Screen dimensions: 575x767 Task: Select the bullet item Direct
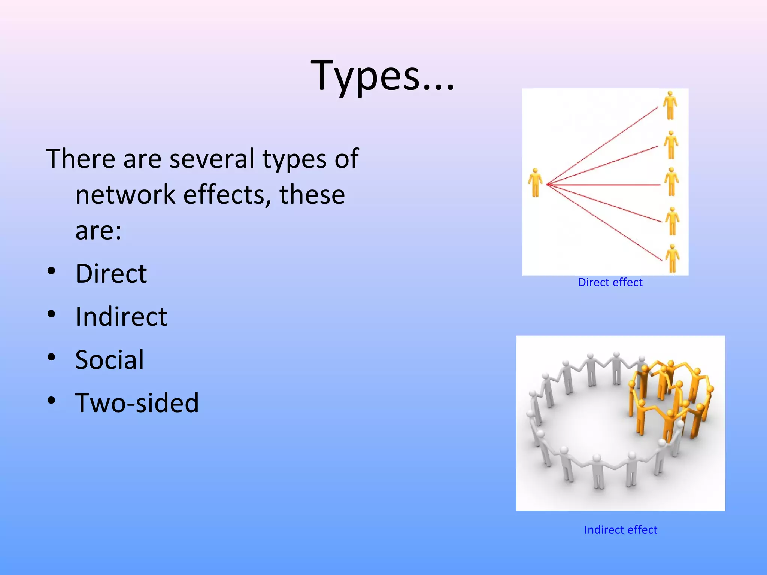point(111,274)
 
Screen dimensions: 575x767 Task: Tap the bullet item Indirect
point(121,317)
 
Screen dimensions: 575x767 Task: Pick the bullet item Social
point(109,360)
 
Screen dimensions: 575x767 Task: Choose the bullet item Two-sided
point(137,403)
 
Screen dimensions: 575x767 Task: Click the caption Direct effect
point(610,282)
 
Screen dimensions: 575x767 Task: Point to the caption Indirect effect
point(621,530)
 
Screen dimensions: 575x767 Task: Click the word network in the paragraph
point(125,195)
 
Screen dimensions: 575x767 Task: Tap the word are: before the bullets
point(98,231)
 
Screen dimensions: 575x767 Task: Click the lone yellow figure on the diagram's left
point(536,183)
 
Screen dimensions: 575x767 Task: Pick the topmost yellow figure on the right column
point(670,105)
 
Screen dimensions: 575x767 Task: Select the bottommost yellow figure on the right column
point(672,258)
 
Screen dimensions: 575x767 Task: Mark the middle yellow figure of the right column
point(671,182)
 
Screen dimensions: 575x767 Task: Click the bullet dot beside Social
point(52,357)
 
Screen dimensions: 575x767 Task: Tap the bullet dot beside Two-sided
point(52,400)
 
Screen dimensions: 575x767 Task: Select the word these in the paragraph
point(312,195)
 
